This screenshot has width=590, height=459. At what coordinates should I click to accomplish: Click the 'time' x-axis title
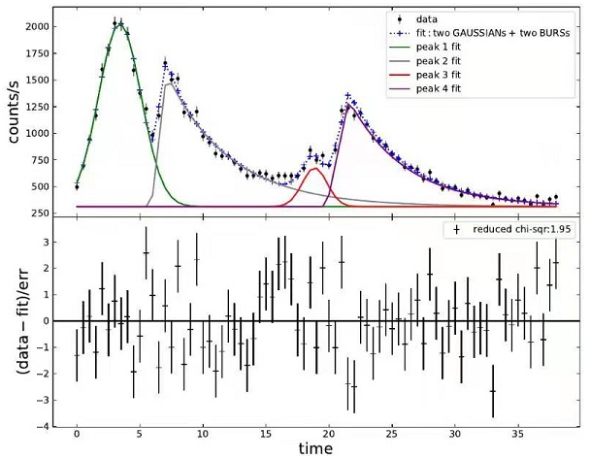click(x=316, y=449)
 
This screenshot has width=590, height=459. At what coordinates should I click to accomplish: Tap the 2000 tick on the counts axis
click(x=35, y=27)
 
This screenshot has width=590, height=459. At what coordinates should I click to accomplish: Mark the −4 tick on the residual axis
click(x=43, y=425)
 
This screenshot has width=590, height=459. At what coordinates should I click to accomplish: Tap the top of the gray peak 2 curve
click(x=170, y=84)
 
